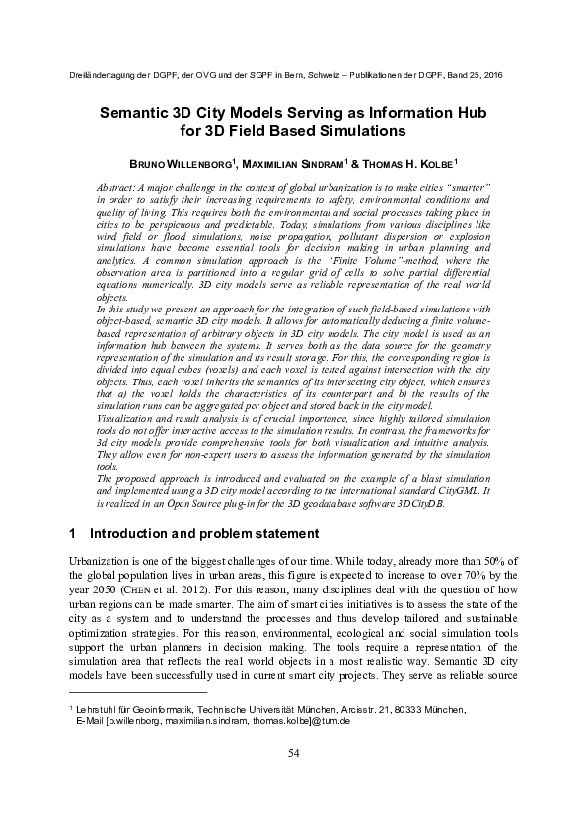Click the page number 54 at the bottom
[293, 782]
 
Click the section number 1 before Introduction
[74, 533]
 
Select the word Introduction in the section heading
[127, 533]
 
